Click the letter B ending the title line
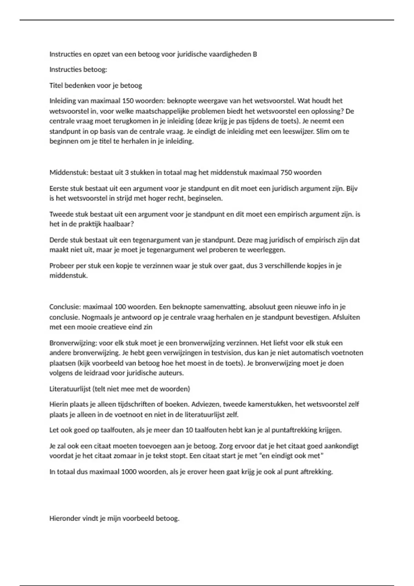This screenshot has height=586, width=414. pos(255,54)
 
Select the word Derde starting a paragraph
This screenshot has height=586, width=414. pos(59,240)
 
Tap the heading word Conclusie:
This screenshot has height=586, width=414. pos(65,307)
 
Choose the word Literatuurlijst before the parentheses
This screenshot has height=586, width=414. pos(70,389)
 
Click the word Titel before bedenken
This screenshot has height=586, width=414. pos(56,85)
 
